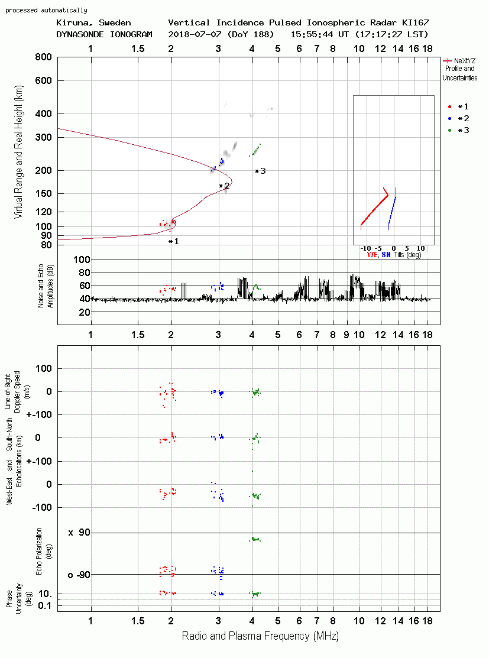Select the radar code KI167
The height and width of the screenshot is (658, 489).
pyautogui.click(x=415, y=22)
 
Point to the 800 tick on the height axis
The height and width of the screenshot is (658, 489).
pyautogui.click(x=43, y=57)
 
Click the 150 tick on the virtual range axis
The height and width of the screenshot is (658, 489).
pyautogui.click(x=43, y=193)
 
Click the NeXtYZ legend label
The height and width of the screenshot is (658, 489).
pyautogui.click(x=465, y=61)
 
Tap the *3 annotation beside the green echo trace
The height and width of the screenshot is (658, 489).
pyautogui.click(x=260, y=171)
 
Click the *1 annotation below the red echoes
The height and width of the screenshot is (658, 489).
pyautogui.click(x=173, y=241)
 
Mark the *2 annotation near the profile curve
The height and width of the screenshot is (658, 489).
pyautogui.click(x=224, y=186)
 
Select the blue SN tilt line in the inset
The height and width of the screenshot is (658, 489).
pyautogui.click(x=393, y=209)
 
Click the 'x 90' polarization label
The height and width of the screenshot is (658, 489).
pyautogui.click(x=79, y=533)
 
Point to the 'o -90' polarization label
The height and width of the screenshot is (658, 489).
pyautogui.click(x=79, y=575)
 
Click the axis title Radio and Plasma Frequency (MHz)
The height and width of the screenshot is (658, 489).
pyautogui.click(x=260, y=636)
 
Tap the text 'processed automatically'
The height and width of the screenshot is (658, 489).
pyautogui.click(x=46, y=10)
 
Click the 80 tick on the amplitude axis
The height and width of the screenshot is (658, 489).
pyautogui.click(x=85, y=273)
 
